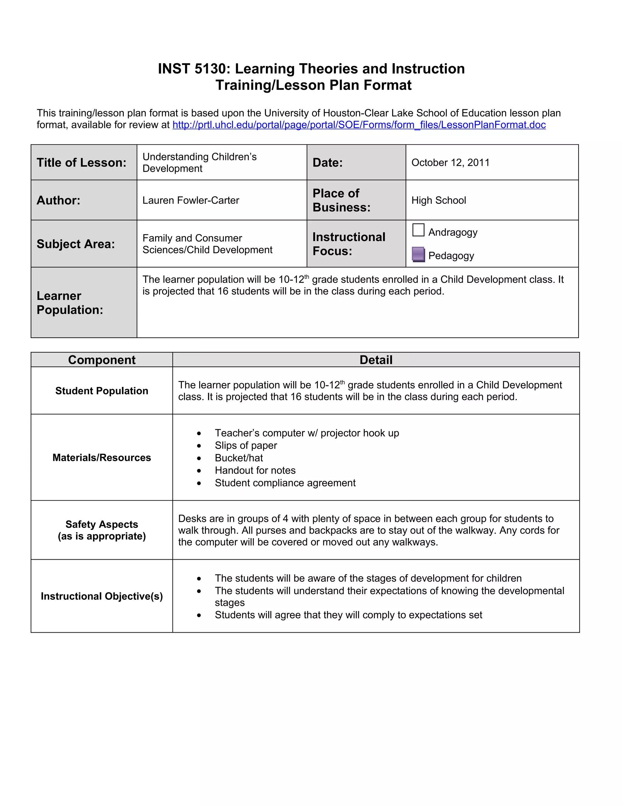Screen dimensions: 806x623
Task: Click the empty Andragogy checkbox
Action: point(418,230)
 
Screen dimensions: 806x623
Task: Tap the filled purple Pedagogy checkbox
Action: point(418,254)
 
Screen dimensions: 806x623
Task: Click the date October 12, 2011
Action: point(450,162)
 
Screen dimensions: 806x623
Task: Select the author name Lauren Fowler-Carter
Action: point(191,200)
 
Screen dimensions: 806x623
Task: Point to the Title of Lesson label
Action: point(81,162)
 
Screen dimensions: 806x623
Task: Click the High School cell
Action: point(438,200)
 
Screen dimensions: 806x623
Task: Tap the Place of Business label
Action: point(341,200)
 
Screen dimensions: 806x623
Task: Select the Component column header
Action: point(102,360)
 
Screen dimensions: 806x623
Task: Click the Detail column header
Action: point(376,360)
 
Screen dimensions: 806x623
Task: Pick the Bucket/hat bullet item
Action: point(239,458)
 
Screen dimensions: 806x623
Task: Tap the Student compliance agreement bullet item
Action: point(285,483)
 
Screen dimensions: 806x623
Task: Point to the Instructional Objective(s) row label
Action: point(102,596)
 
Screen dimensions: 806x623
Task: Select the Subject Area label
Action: point(76,244)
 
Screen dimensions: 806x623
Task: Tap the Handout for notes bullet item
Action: point(255,470)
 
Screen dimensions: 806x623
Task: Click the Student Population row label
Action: point(102,391)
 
